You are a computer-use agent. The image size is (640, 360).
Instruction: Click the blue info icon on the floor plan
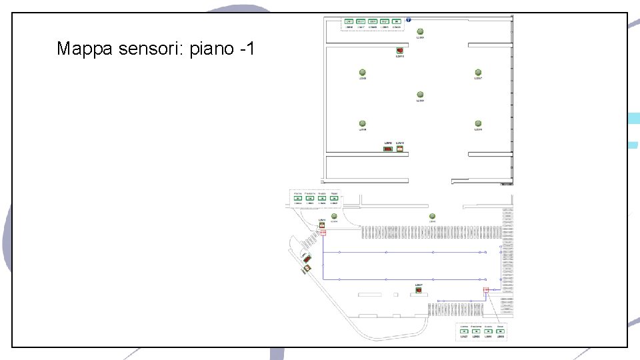pyautogui.click(x=408, y=21)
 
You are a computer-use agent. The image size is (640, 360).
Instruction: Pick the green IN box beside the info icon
pyautogui.click(x=397, y=21)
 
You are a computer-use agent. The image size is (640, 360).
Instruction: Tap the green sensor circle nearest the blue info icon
pyautogui.click(x=420, y=31)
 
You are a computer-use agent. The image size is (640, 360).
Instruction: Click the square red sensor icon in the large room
pyautogui.click(x=399, y=51)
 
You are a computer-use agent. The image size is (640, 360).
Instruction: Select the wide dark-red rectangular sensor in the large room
pyautogui.click(x=387, y=149)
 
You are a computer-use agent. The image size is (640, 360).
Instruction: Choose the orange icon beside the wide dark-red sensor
pyautogui.click(x=399, y=149)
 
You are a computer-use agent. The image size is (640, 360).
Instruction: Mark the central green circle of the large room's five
pyautogui.click(x=420, y=95)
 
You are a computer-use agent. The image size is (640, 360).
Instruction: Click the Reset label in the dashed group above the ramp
pyautogui.click(x=334, y=193)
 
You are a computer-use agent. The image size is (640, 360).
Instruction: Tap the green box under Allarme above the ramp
pyautogui.click(x=298, y=198)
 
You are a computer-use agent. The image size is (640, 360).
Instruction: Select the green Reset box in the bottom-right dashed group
pyautogui.click(x=501, y=331)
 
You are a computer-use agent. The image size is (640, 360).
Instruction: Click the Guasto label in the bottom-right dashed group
pyautogui.click(x=489, y=325)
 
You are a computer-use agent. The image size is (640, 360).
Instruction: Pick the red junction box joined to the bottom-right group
pyautogui.click(x=486, y=289)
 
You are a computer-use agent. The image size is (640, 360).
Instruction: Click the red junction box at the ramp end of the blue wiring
pyautogui.click(x=323, y=232)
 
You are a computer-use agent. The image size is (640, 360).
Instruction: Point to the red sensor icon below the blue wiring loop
pyautogui.click(x=419, y=290)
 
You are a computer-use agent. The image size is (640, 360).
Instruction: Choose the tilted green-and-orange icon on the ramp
pyautogui.click(x=307, y=268)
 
